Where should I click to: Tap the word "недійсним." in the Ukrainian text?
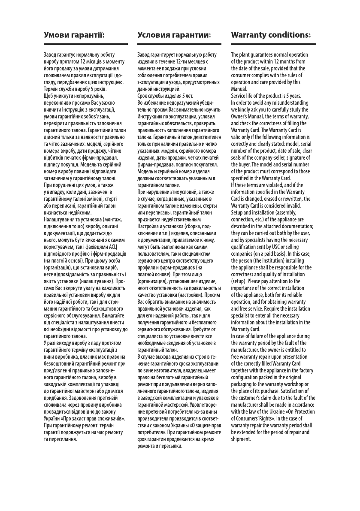point(76,213)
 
